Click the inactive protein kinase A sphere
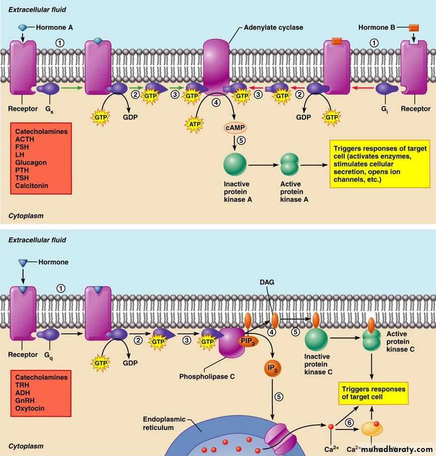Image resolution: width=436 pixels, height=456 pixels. (235, 164)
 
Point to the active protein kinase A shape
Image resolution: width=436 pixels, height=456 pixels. (289, 164)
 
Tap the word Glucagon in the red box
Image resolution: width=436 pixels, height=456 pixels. (31, 163)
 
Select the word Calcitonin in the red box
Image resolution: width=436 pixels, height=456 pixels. (32, 186)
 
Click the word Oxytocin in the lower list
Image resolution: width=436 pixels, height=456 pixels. (30, 408)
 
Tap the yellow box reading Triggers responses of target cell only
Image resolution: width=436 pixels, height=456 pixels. (373, 393)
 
